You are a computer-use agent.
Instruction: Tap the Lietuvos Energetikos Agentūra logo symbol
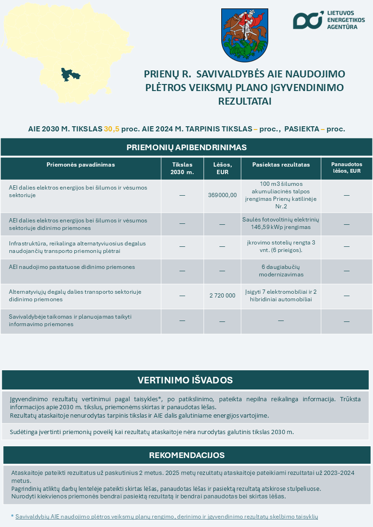point(308,20)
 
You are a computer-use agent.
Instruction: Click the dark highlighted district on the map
point(70,74)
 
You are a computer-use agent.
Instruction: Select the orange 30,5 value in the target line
point(111,129)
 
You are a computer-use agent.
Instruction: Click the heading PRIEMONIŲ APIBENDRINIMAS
point(186,147)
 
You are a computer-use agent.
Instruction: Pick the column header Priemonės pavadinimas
point(81,165)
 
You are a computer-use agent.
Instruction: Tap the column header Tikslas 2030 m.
point(182,168)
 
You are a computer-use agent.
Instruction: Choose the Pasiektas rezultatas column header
point(281,165)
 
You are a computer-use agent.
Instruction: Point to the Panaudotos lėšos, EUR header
point(346,168)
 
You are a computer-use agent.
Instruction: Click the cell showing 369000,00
point(222,195)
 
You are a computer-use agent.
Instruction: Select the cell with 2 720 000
point(222,296)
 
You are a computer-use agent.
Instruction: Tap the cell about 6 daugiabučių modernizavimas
point(281,270)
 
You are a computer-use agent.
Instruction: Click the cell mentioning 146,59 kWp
point(281,223)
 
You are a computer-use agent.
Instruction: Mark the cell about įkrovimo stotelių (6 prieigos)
point(281,246)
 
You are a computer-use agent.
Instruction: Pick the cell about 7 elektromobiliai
point(281,295)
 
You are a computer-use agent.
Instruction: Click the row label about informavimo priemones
point(70,320)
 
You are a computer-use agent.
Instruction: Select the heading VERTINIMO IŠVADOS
point(185,380)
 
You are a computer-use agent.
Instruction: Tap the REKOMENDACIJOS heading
point(186,455)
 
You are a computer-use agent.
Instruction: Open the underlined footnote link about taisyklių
point(167,516)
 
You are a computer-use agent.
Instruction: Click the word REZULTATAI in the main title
point(245,101)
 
